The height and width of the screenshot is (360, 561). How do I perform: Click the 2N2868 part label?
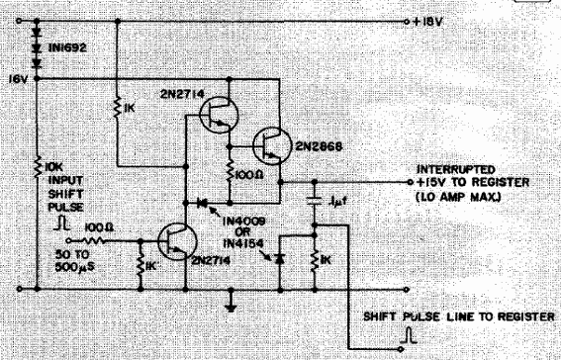pos(314,149)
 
